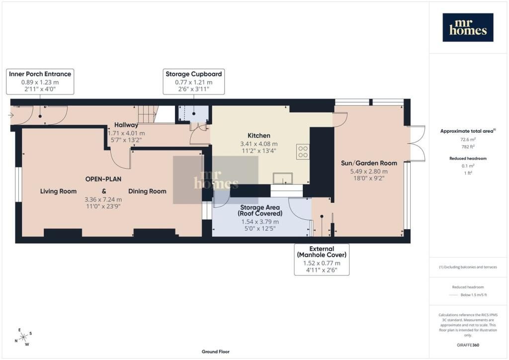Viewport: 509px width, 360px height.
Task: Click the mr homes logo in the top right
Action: click(x=468, y=27)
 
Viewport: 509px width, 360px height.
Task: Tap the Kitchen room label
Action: click(x=258, y=136)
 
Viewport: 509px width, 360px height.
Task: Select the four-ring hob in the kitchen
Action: click(x=303, y=152)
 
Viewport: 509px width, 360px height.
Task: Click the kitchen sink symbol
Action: click(x=282, y=178)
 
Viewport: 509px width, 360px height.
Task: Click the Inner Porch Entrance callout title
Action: click(x=40, y=74)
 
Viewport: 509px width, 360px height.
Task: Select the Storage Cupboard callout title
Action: click(x=194, y=74)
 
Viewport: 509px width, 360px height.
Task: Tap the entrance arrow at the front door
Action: click(x=11, y=115)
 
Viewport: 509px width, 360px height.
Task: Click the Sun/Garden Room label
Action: click(x=369, y=163)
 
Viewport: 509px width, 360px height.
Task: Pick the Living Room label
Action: click(x=59, y=191)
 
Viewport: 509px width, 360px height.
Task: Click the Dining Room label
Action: click(x=147, y=191)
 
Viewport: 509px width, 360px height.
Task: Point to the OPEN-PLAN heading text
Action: click(x=103, y=179)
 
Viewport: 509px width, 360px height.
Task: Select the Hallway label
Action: click(x=126, y=125)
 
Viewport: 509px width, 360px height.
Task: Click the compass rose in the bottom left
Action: click(x=23, y=337)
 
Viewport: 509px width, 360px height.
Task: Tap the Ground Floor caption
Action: click(x=216, y=352)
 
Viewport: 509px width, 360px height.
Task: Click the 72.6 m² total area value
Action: click(x=468, y=139)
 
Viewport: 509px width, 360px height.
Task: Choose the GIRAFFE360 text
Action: click(x=468, y=345)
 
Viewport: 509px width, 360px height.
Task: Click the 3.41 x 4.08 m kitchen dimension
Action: click(x=258, y=144)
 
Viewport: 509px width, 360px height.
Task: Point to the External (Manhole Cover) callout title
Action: click(x=322, y=252)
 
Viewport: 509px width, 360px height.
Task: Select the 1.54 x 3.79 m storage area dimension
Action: click(x=259, y=222)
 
